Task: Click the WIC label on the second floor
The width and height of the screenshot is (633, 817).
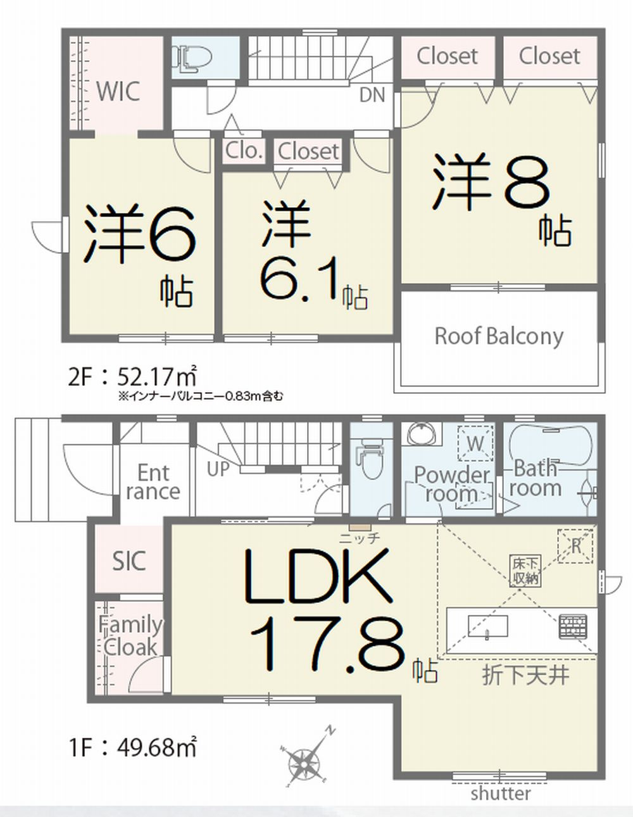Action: tap(118, 91)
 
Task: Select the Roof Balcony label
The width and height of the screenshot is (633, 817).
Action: tap(499, 336)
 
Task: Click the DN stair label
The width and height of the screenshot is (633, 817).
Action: tap(372, 95)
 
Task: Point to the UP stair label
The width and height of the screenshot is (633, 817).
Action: tap(218, 469)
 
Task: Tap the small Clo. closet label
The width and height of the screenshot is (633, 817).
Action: tap(244, 151)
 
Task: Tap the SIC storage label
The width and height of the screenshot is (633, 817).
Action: tap(129, 561)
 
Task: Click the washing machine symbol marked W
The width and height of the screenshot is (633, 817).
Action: tap(475, 443)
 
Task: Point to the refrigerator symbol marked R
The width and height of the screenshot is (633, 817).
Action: tap(576, 546)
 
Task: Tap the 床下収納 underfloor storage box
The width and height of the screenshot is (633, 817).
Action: tap(525, 571)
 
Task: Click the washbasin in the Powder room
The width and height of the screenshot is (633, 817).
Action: tap(422, 435)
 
